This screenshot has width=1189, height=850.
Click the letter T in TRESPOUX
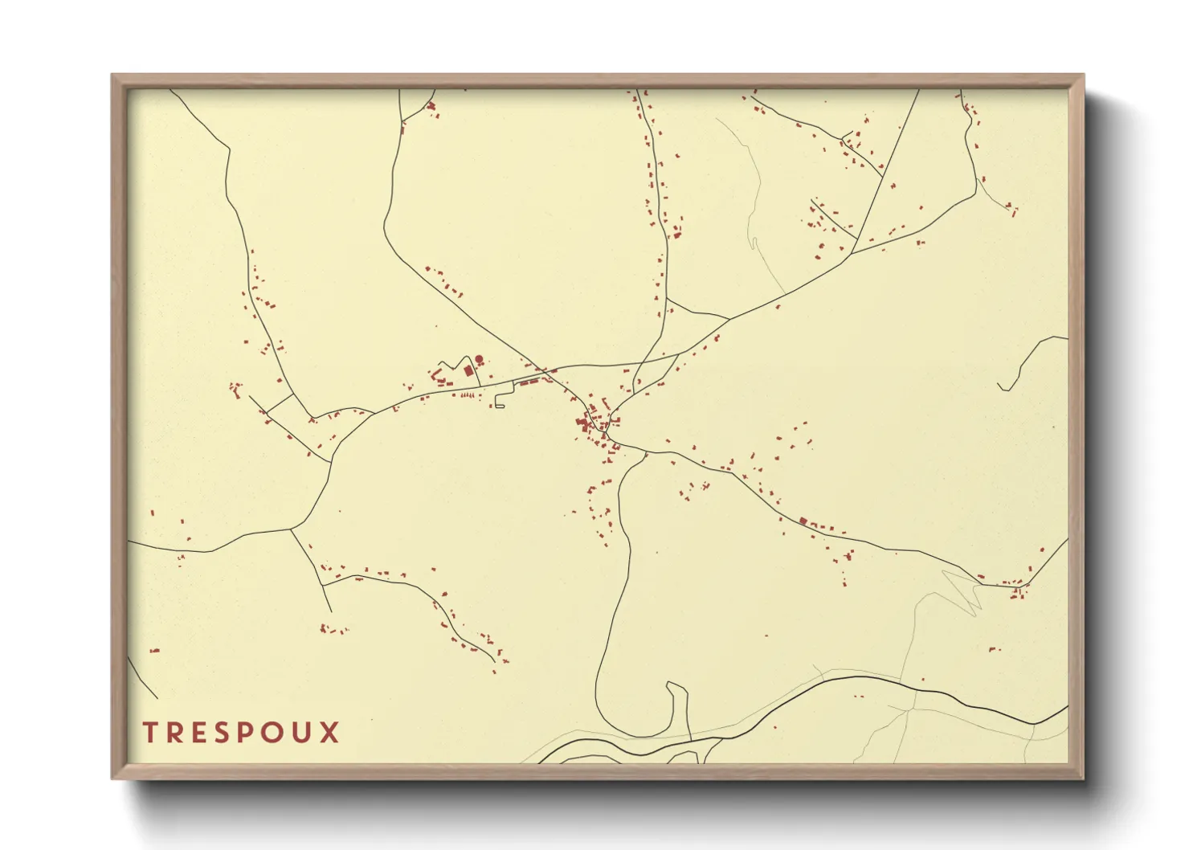click(150, 733)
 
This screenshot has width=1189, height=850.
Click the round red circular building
click(479, 359)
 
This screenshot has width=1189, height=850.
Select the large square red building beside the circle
click(468, 370)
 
